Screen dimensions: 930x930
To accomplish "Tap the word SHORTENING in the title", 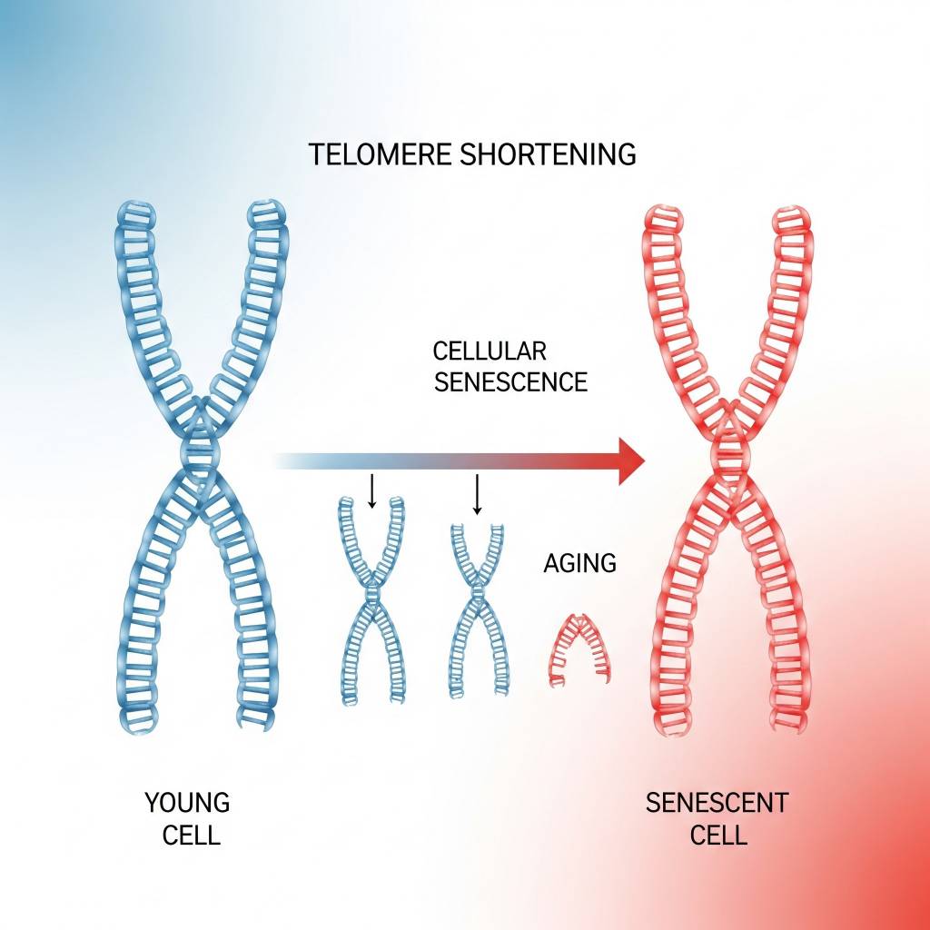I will point(549,154).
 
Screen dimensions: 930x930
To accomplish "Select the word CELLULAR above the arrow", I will point(489,351).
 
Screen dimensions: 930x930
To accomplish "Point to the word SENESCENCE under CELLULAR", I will point(510,381).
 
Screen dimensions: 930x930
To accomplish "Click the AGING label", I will point(579,563).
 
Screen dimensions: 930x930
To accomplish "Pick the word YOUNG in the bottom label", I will point(188,803).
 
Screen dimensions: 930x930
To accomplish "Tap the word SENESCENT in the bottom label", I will point(717,803).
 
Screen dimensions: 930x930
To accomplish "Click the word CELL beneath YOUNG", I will point(192,834).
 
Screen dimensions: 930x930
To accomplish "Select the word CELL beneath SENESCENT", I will point(718,834).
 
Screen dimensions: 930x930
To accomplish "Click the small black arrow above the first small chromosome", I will point(371,491).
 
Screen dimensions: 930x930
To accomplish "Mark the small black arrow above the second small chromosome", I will point(477,493).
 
